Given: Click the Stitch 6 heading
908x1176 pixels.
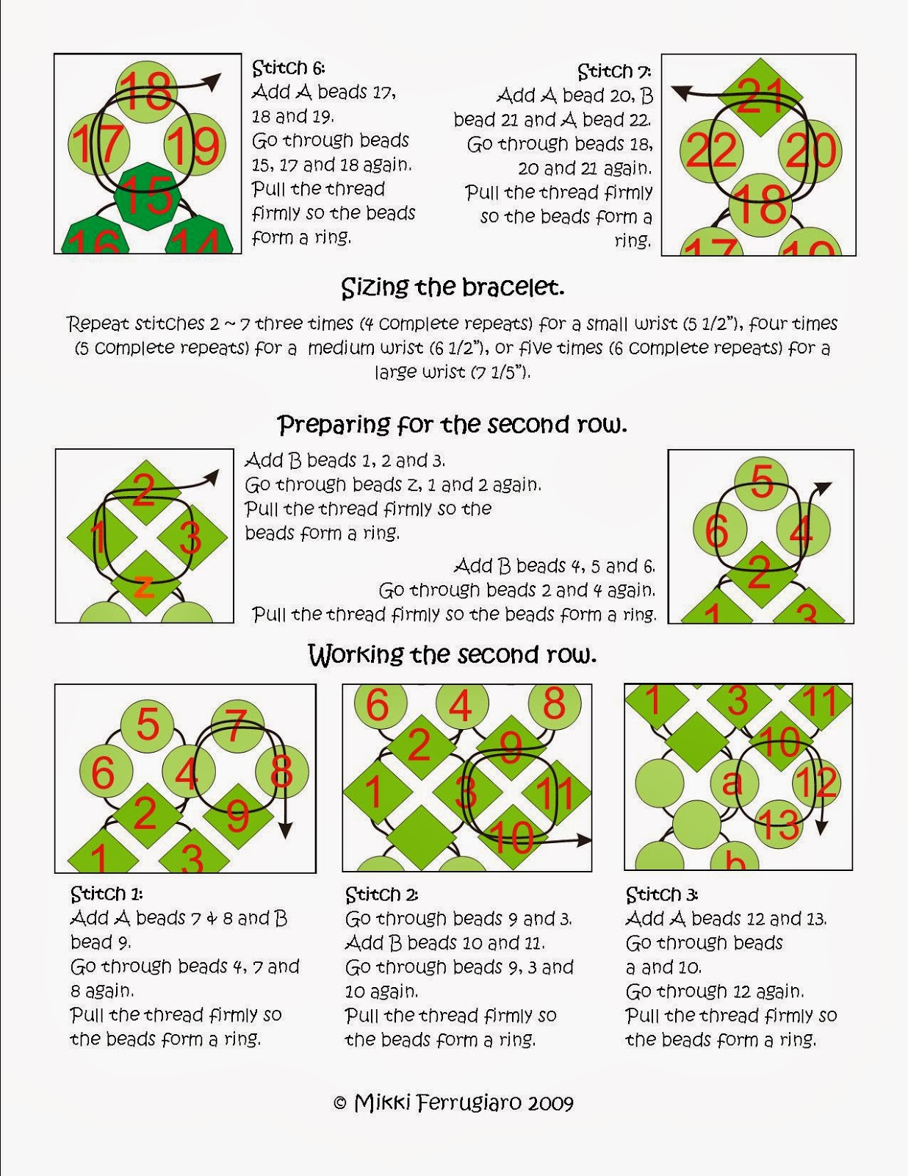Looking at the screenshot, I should pos(288,68).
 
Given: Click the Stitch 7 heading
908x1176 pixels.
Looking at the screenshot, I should pos(614,71).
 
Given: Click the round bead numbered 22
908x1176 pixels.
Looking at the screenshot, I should pos(711,151).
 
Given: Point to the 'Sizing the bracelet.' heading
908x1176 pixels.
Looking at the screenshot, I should pos(453,287).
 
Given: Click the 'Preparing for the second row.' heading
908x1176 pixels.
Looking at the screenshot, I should pos(453,425).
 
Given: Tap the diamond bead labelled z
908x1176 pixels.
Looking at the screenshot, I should pos(145,584).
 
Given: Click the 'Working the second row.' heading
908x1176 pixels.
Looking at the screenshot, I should pos(453,655).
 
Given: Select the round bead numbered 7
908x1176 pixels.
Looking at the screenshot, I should pos(237,728).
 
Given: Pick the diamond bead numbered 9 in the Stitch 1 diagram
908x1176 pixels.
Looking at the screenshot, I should pos(238,814).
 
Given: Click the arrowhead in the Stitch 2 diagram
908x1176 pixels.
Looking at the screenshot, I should pos(585,840).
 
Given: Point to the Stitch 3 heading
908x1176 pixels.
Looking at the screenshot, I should pos(662,894).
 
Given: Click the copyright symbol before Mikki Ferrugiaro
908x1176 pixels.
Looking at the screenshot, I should pos(339,1103).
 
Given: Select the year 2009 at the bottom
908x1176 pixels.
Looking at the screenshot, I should pos(550,1103).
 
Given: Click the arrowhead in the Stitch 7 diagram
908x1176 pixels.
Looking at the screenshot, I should pos(681,93).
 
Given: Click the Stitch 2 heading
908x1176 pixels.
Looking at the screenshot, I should pos(381,894).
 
